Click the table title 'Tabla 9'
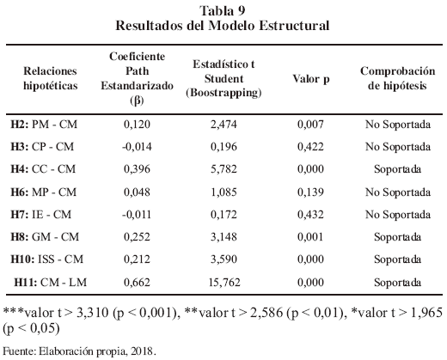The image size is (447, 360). (x=223, y=11)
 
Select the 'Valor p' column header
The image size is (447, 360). (x=311, y=79)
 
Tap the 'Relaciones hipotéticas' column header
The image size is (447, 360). (x=51, y=78)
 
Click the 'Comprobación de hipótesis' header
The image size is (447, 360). (x=397, y=78)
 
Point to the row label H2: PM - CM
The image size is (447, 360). (x=44, y=125)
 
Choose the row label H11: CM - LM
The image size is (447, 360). (x=51, y=283)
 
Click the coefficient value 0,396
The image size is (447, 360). (x=137, y=169)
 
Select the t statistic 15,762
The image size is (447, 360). (x=224, y=283)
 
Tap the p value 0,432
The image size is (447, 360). (x=310, y=215)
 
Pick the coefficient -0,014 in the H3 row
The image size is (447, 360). (x=137, y=147)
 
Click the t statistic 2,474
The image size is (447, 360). (x=223, y=125)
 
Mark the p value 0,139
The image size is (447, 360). (x=310, y=192)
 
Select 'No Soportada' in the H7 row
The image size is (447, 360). (x=398, y=215)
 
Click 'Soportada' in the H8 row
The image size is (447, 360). (x=397, y=237)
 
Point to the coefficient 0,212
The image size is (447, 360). (x=137, y=259)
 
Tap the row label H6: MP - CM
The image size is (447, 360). (x=44, y=192)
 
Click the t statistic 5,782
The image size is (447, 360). (x=223, y=169)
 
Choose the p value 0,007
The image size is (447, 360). (x=310, y=125)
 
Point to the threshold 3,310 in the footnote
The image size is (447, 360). (x=93, y=313)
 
